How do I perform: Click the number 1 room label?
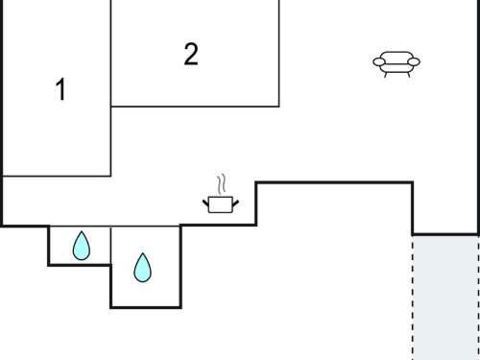coord(60,89)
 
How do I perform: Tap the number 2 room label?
coord(191,54)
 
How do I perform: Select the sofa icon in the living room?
coord(396,64)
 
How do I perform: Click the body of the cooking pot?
coord(220,204)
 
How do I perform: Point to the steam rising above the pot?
coord(222,184)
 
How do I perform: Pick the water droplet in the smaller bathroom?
coord(82,246)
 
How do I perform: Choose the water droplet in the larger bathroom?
coord(142,268)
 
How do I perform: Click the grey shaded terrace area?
coord(445,299)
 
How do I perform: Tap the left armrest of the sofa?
coord(379,61)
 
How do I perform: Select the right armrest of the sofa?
coord(414,61)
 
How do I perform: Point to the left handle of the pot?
coord(205,203)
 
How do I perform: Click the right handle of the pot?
coord(235,203)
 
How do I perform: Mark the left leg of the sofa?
coord(386,75)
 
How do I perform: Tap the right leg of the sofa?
coord(409,75)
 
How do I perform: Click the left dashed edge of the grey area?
coord(413,299)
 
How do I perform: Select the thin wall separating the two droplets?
coord(111,246)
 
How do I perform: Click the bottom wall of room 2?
coord(195,107)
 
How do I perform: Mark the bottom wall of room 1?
coord(57,176)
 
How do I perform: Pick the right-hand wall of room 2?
coord(279,53)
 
